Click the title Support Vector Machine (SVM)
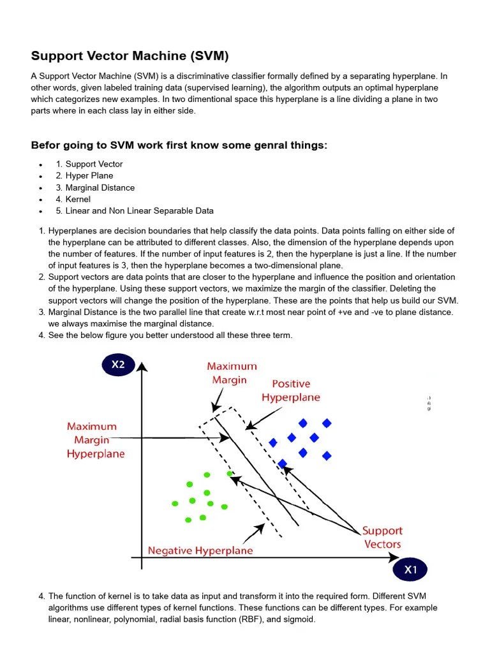coord(130,55)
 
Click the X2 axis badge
coord(118,365)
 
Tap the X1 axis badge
coord(410,569)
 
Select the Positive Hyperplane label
coord(291,390)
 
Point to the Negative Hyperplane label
coord(200,550)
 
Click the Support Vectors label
coord(382,537)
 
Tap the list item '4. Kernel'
coord(73,199)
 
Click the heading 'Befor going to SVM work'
coord(179,145)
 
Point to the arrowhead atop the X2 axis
coord(142,366)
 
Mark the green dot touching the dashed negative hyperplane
coord(230,474)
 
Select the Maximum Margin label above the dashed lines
coord(232,373)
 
